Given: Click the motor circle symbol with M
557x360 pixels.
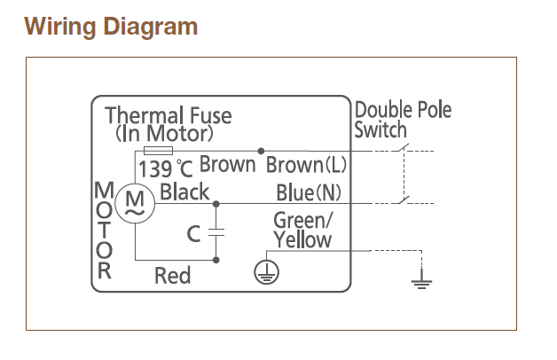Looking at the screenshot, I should (137, 204).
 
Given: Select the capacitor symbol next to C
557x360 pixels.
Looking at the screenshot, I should (217, 233).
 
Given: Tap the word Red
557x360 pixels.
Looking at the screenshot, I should (172, 276).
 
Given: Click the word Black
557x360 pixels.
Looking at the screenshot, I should (185, 192).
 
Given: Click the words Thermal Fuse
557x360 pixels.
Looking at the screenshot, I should (169, 116).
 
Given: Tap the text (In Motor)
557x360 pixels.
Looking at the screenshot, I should (165, 134).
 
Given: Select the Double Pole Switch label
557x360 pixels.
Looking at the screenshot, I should (403, 120).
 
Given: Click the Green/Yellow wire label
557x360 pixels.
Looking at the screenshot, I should (302, 229).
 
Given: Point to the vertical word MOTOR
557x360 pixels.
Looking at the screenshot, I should (105, 229).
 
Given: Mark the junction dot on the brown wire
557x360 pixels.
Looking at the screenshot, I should (260, 151).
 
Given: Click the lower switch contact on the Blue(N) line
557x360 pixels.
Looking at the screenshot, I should (404, 200).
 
